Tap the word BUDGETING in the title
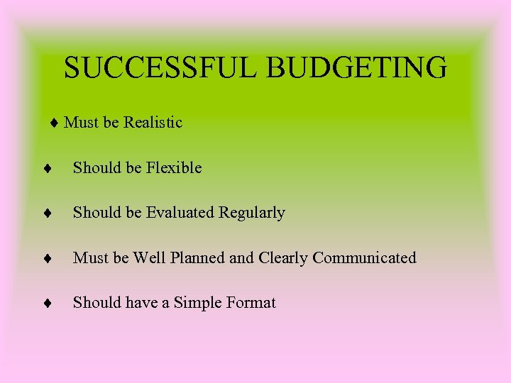358,68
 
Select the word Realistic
153,123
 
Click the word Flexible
174,168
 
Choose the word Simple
198,303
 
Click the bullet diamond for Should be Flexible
45,169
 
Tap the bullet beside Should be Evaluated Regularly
45,213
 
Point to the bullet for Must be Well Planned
45,258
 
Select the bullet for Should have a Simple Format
45,304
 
